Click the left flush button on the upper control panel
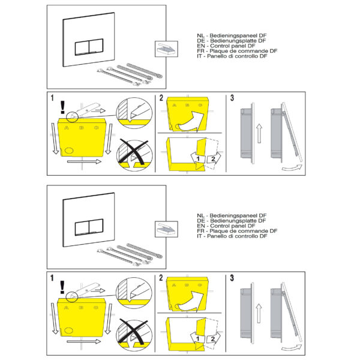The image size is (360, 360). click(82, 48)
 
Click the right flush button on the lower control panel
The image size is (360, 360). click(96, 226)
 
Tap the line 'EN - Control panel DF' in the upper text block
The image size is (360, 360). click(226, 46)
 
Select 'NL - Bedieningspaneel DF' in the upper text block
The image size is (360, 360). click(232, 35)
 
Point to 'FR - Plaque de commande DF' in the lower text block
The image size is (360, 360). click(237, 231)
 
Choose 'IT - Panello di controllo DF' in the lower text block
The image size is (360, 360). click(232, 236)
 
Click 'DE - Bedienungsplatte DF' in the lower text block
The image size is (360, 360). click(231, 221)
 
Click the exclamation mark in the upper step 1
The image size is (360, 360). click(62, 107)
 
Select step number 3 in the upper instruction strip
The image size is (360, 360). click(232, 98)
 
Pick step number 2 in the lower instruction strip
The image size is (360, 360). click(161, 278)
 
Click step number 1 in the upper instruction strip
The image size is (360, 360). click(52, 98)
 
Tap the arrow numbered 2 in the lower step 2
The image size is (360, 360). click(213, 338)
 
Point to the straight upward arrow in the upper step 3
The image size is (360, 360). click(259, 133)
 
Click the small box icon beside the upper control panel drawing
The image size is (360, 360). click(166, 49)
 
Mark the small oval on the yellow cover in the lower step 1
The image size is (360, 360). click(68, 331)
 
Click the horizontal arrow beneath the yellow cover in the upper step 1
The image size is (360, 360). click(84, 161)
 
